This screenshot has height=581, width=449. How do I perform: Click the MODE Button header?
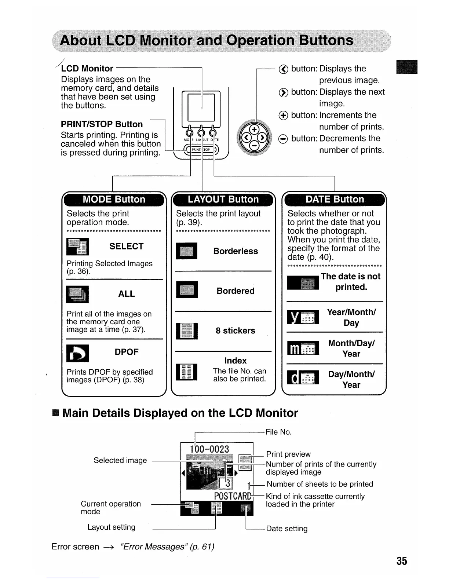tap(114, 200)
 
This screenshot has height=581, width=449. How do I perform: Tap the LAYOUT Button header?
tap(223, 200)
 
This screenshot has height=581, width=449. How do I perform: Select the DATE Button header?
tap(335, 200)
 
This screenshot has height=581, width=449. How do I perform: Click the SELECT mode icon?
tap(77, 246)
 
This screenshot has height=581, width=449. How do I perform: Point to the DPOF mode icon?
tap(77, 353)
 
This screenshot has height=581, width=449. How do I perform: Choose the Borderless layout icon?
tap(187, 251)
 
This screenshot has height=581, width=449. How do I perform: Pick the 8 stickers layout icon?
tap(187, 331)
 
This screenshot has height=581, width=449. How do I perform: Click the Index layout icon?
tap(187, 372)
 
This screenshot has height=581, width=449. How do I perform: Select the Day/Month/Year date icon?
tap(303, 378)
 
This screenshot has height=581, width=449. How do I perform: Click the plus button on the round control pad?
tap(254, 130)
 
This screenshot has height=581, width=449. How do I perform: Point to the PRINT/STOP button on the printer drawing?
tap(201, 150)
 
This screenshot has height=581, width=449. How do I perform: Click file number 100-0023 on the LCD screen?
tap(209, 449)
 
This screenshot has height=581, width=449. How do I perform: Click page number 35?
tap(401, 561)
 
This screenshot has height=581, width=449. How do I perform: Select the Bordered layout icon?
tap(187, 290)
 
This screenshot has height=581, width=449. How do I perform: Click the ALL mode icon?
tap(77, 294)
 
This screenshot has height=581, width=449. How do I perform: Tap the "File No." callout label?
tap(278, 432)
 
